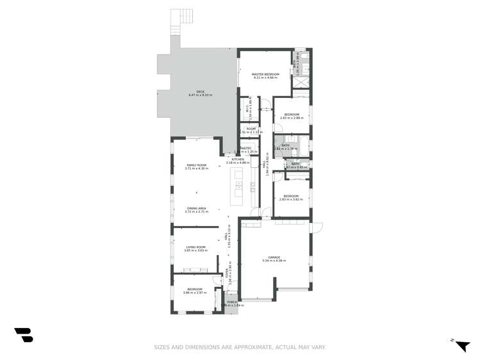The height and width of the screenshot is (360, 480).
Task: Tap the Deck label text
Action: pyautogui.click(x=201, y=93)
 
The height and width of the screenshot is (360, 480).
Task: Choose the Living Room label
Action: pyautogui.click(x=196, y=249)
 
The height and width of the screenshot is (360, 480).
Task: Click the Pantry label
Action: pyautogui.click(x=245, y=149)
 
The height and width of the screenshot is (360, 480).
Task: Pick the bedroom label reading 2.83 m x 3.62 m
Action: pyautogui.click(x=291, y=197)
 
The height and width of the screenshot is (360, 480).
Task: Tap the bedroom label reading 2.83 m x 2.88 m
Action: pyautogui.click(x=292, y=116)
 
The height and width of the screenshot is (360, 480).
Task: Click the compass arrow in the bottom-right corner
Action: pyautogui.click(x=461, y=344)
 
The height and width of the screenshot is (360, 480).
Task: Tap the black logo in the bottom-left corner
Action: pyautogui.click(x=24, y=335)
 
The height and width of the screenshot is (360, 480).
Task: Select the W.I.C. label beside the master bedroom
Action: pyautogui.click(x=247, y=111)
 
